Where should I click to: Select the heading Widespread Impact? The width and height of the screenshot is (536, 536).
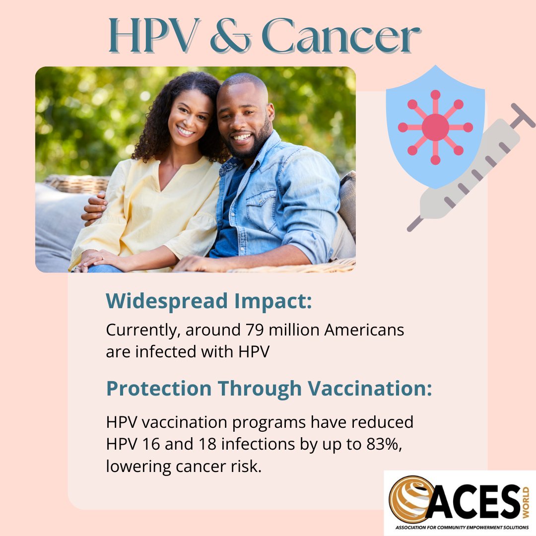(x=209, y=301)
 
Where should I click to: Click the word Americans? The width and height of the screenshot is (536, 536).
(x=364, y=330)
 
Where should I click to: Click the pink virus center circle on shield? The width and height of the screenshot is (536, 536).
(x=435, y=127)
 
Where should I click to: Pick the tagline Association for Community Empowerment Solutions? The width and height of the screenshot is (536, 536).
(x=460, y=527)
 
